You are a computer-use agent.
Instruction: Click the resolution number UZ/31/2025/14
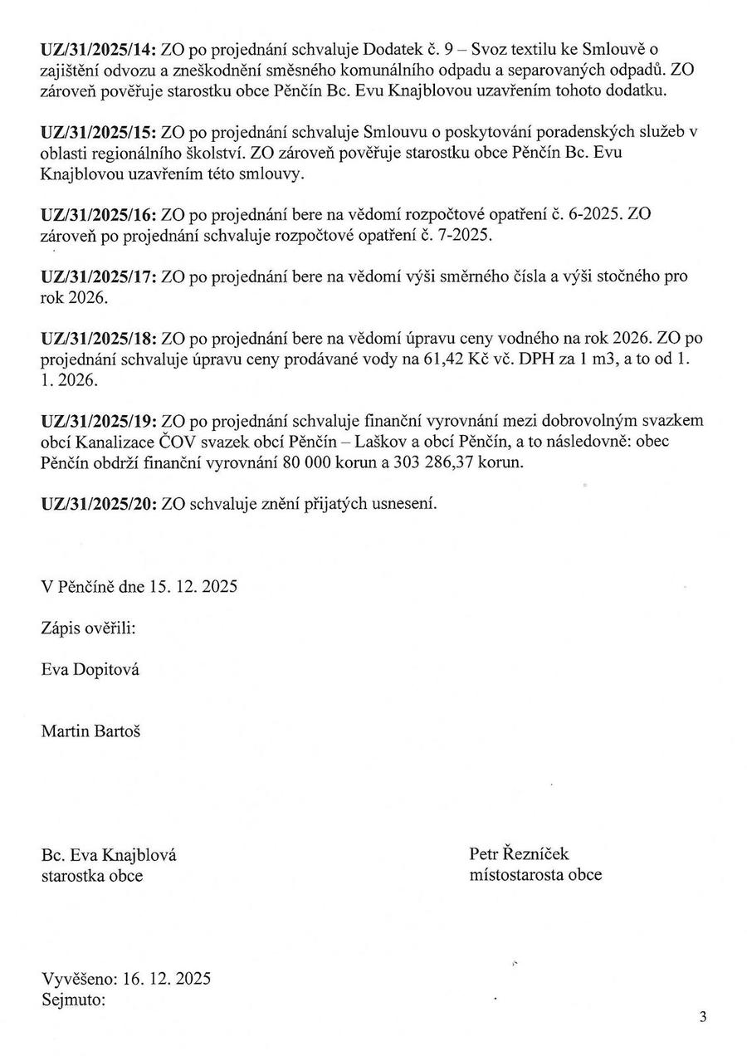tap(99, 51)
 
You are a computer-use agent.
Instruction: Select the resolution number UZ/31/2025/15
tap(99, 131)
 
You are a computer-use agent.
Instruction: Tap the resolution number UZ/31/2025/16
tap(99, 214)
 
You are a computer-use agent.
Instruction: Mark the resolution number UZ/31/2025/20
tap(99, 503)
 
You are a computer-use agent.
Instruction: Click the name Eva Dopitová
tap(90, 668)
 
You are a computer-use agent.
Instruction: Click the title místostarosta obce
tap(535, 874)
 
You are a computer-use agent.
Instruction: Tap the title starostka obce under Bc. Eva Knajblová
tap(92, 875)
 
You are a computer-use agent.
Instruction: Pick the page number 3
tap(703, 1016)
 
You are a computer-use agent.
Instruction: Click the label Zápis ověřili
tap(89, 628)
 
